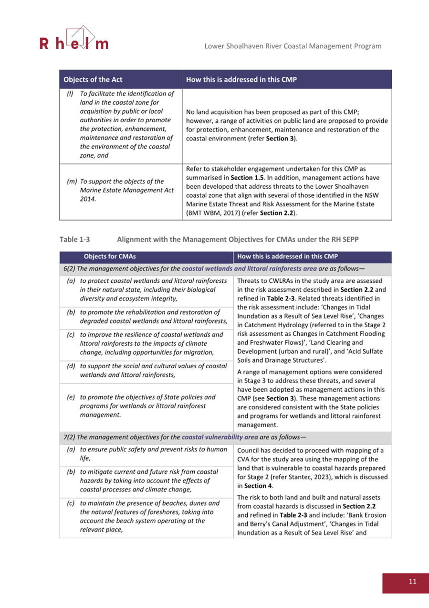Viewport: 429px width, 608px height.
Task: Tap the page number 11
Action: [x=412, y=581]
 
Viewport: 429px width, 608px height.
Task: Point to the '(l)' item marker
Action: [x=70, y=93]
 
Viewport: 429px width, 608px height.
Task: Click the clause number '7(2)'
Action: [x=71, y=437]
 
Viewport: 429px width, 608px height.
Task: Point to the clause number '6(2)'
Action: [x=71, y=269]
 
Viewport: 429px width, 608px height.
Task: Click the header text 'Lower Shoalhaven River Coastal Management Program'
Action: [x=293, y=46]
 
